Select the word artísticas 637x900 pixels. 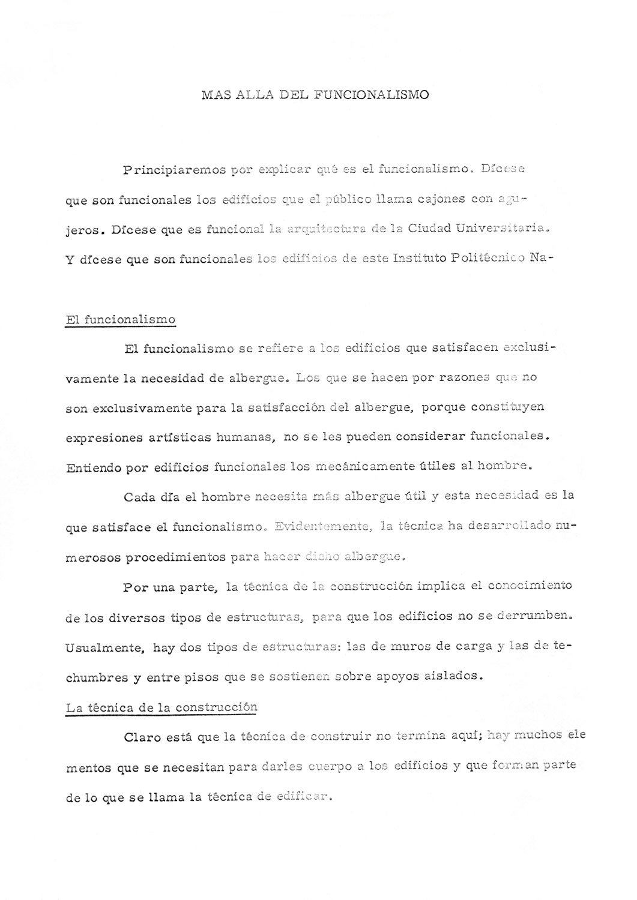click(x=180, y=437)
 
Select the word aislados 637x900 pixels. click(x=451, y=676)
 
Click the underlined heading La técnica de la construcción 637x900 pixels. click(x=161, y=707)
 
